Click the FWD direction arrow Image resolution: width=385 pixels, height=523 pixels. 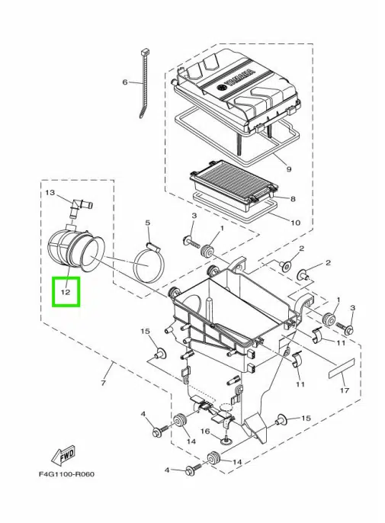coord(63,456)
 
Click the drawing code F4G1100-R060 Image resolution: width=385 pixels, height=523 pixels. coord(66,474)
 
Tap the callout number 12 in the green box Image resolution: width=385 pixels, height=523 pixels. coord(66,292)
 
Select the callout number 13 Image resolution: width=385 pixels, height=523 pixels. coord(50,193)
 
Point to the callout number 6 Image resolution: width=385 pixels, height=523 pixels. coord(125,82)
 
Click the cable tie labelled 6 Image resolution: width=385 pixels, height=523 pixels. coord(144,83)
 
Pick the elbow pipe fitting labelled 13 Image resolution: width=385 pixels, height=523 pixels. coord(81,208)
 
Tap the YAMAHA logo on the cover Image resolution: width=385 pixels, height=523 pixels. coord(239,80)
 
